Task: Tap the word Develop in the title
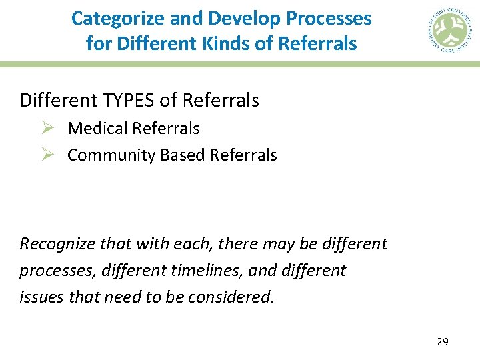tap(235, 18)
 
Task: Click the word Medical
tap(97, 128)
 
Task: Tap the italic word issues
tap(37, 297)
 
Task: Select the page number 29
tap(442, 342)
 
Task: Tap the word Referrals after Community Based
tap(243, 155)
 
